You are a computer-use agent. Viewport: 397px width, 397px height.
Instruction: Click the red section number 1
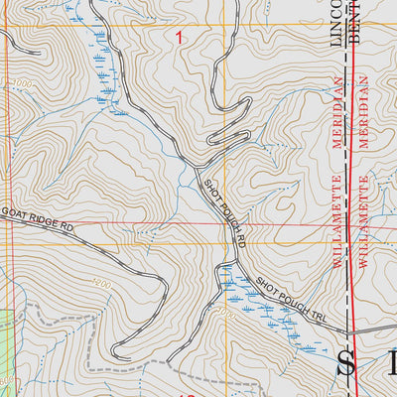pyautogui.click(x=180, y=38)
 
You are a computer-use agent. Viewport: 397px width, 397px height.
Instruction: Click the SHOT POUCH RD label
pyautogui.click(x=224, y=204)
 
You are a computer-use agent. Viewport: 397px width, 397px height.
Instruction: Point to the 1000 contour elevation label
pyautogui.click(x=22, y=84)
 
